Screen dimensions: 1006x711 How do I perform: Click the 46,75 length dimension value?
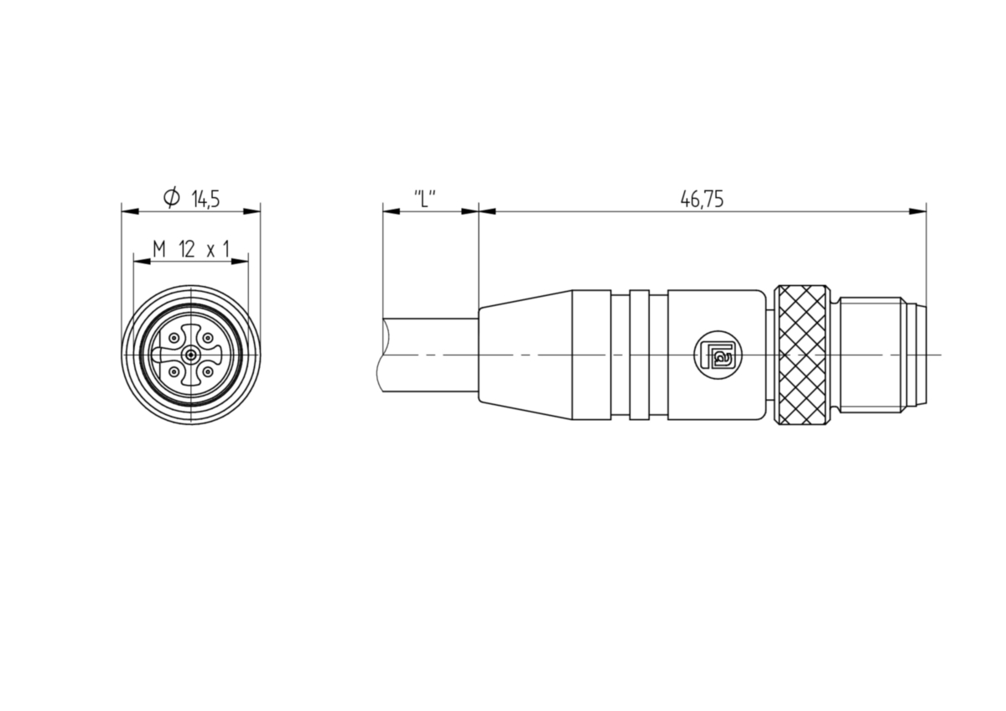pyautogui.click(x=702, y=199)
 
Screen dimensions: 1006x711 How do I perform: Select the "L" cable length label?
pyautogui.click(x=425, y=199)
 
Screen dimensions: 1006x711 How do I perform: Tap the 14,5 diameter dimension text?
pyautogui.click(x=205, y=199)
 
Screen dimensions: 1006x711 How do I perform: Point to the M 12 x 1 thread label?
pyautogui.click(x=191, y=249)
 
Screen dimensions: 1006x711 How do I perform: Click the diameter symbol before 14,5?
pyautogui.click(x=172, y=198)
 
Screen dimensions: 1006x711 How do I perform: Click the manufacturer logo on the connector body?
pyautogui.click(x=718, y=355)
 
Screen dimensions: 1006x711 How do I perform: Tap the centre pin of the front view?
pyautogui.click(x=191, y=355)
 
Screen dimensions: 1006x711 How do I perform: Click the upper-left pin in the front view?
pyautogui.click(x=174, y=338)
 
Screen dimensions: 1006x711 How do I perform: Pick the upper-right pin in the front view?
pyautogui.click(x=208, y=338)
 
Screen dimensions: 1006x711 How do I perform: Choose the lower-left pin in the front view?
pyautogui.click(x=174, y=372)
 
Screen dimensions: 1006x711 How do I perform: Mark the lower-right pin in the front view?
pyautogui.click(x=208, y=372)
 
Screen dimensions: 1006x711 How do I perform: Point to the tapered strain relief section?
pyautogui.click(x=525, y=355)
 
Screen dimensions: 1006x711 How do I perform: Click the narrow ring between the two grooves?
pyautogui.click(x=640, y=355)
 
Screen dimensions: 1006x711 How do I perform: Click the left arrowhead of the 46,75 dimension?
pyautogui.click(x=487, y=211)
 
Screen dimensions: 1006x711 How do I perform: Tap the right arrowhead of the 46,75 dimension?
pyautogui.click(x=917, y=211)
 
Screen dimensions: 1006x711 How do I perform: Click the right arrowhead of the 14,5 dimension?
pyautogui.click(x=252, y=211)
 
